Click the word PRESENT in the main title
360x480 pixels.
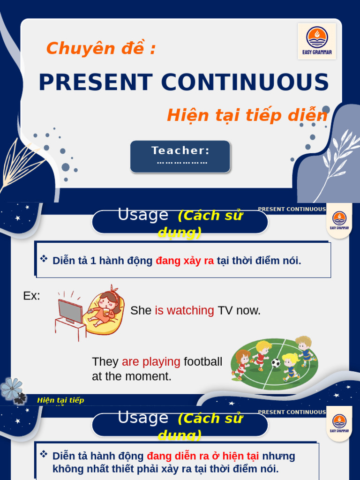[x=95, y=82]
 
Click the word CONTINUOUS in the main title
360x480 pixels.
[x=245, y=82]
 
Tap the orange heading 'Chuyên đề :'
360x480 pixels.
[x=101, y=48]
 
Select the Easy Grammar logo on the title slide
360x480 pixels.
[x=317, y=41]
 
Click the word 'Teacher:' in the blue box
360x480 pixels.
[x=180, y=151]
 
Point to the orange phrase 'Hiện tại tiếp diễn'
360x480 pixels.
[x=247, y=115]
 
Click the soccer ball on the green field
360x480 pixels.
[x=276, y=362]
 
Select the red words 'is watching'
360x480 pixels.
[x=184, y=310]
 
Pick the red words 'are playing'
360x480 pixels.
[x=151, y=362]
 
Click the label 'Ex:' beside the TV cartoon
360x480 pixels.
[x=31, y=296]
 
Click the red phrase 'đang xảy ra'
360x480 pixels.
[x=185, y=261]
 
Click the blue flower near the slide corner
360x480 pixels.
[x=11, y=388]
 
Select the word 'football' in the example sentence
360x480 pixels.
[x=203, y=362]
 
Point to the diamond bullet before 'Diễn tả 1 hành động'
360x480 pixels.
[x=44, y=258]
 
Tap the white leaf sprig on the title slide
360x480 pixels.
[x=341, y=159]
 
